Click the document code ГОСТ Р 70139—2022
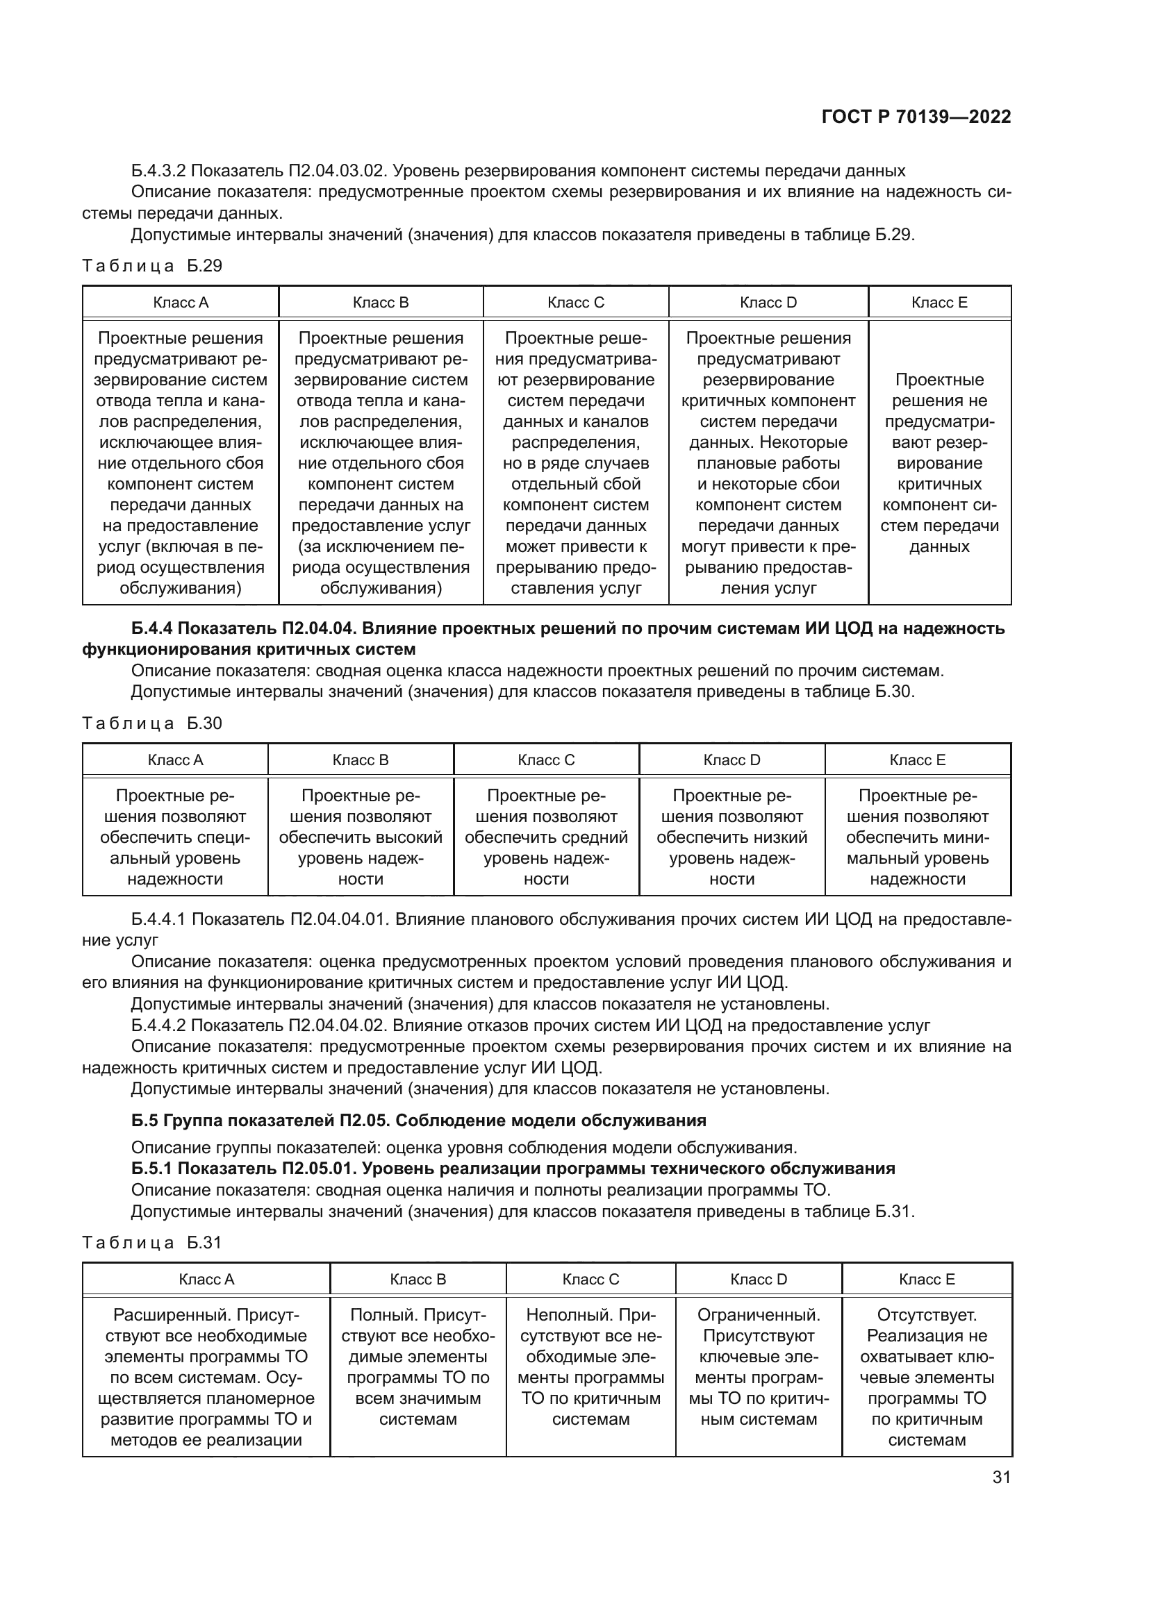[916, 117]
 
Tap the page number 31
[1000, 1477]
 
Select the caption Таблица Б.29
[152, 266]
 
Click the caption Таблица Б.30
[152, 723]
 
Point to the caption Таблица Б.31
[152, 1242]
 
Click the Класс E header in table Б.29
[939, 303]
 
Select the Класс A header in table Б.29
[181, 303]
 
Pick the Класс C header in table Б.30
[545, 760]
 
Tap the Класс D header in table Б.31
[759, 1279]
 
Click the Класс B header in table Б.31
[418, 1279]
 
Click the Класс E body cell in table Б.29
[939, 462]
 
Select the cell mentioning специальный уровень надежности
[175, 837]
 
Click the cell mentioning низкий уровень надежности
[731, 837]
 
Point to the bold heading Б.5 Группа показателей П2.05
[418, 1120]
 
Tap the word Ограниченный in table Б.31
[759, 1315]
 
